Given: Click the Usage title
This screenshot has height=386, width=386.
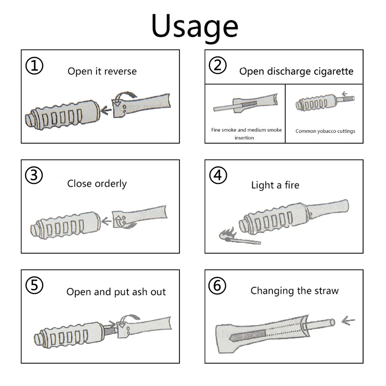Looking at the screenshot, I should click(x=194, y=27).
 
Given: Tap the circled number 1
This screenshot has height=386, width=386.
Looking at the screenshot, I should click(x=33, y=66).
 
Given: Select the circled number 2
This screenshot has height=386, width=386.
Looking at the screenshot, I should click(x=218, y=65).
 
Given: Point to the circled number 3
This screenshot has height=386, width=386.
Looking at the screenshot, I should click(x=33, y=176).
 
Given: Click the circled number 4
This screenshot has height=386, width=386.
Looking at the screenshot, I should click(x=218, y=176).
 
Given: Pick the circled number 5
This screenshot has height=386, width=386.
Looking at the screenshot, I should click(x=33, y=285).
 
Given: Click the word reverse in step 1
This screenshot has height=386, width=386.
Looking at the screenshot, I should click(x=121, y=71).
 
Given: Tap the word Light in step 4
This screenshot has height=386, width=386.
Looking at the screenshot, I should click(x=262, y=185).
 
